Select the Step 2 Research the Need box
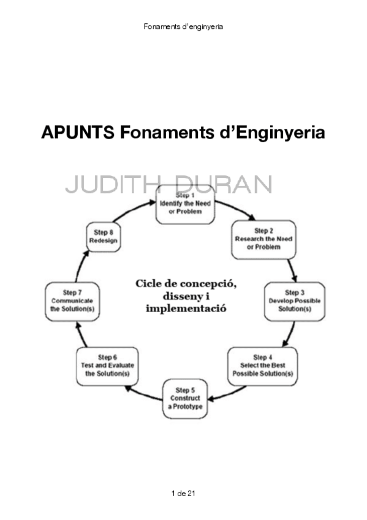263,239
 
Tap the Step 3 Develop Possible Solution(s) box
290,300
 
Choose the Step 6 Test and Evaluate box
107,365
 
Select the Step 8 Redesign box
104,237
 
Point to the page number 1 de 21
184,493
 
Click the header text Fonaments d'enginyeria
183,26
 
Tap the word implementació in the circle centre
186,308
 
